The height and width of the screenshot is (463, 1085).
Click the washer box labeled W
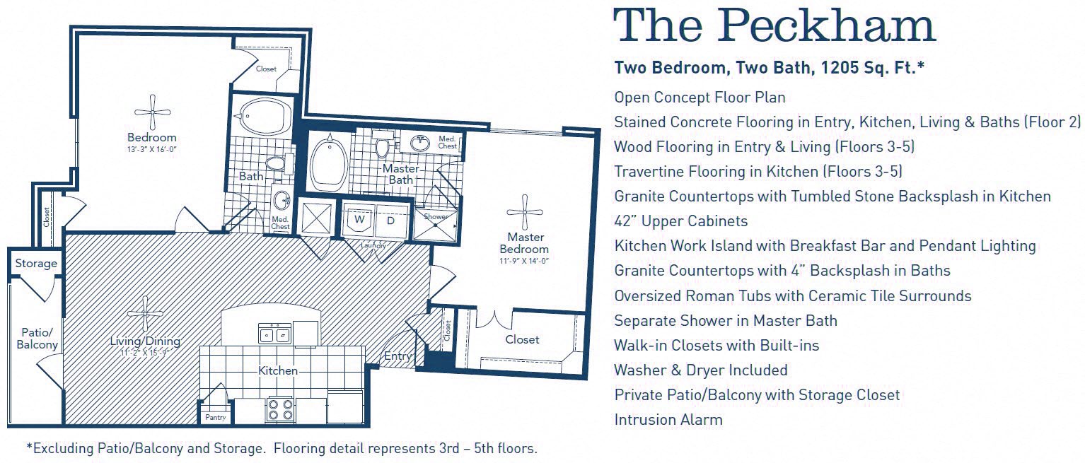(x=359, y=219)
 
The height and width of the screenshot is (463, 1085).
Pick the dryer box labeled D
(x=389, y=219)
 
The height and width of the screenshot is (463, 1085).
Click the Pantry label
(x=216, y=418)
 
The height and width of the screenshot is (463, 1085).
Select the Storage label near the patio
(x=36, y=264)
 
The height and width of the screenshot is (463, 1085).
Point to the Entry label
(x=398, y=356)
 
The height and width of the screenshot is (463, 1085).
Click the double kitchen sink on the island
(x=275, y=334)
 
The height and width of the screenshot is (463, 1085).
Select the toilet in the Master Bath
(x=383, y=147)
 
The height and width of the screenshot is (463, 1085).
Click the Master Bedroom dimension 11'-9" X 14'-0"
(x=524, y=261)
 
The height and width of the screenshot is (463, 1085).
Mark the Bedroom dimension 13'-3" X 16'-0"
(x=152, y=149)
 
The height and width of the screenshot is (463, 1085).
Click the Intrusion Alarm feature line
(x=668, y=420)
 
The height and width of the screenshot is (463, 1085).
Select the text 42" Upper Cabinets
(x=680, y=221)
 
